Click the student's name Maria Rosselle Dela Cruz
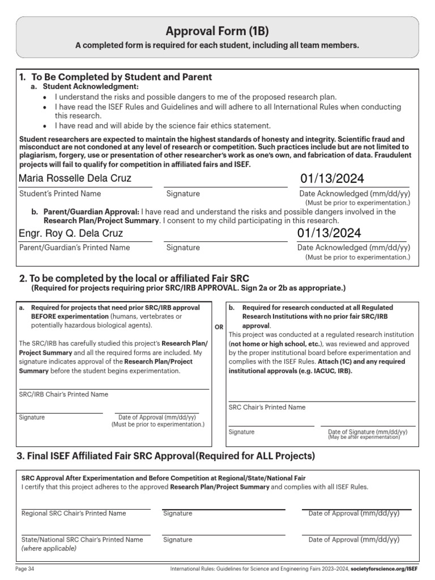pos(75,178)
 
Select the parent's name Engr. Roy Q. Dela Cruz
pos(71,233)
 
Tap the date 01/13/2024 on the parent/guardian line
pos(329,233)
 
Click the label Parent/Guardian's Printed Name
pos(74,248)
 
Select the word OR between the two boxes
pos(220,327)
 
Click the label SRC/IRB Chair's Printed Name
pos(63,394)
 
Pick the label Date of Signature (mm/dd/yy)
pos(368,432)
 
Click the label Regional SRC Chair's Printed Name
pos(74,513)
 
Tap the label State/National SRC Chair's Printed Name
pos(82,540)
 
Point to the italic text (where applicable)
pos(49,548)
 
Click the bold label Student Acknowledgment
pos(91,87)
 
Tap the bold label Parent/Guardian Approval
pos(91,212)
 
